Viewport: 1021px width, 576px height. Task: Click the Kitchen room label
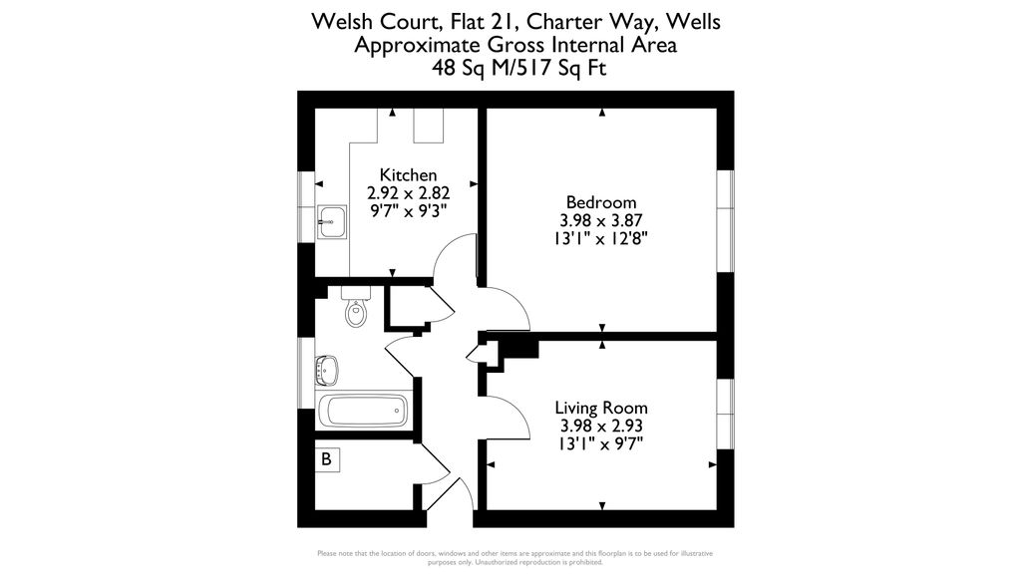[x=408, y=175]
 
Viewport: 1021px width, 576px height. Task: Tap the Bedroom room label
[x=601, y=202]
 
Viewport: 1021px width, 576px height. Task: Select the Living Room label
[x=601, y=408]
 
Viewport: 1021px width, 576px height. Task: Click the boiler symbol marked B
[x=326, y=458]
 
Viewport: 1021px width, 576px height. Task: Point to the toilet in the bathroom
[x=356, y=307]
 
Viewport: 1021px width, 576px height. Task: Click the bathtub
[x=364, y=411]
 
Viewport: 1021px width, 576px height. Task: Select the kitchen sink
[x=332, y=222]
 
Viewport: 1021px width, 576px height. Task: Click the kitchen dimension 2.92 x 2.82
[x=408, y=193]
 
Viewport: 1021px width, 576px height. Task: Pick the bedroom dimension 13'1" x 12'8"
[x=601, y=239]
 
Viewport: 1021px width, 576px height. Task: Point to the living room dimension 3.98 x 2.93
[x=601, y=427]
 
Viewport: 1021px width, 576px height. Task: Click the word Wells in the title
[x=694, y=22]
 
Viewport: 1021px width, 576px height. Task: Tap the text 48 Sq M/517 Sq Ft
[x=518, y=68]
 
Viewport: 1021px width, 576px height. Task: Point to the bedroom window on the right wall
[x=726, y=221]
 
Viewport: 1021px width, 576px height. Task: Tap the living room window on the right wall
[x=726, y=414]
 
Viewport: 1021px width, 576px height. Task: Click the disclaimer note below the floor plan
[x=515, y=558]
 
